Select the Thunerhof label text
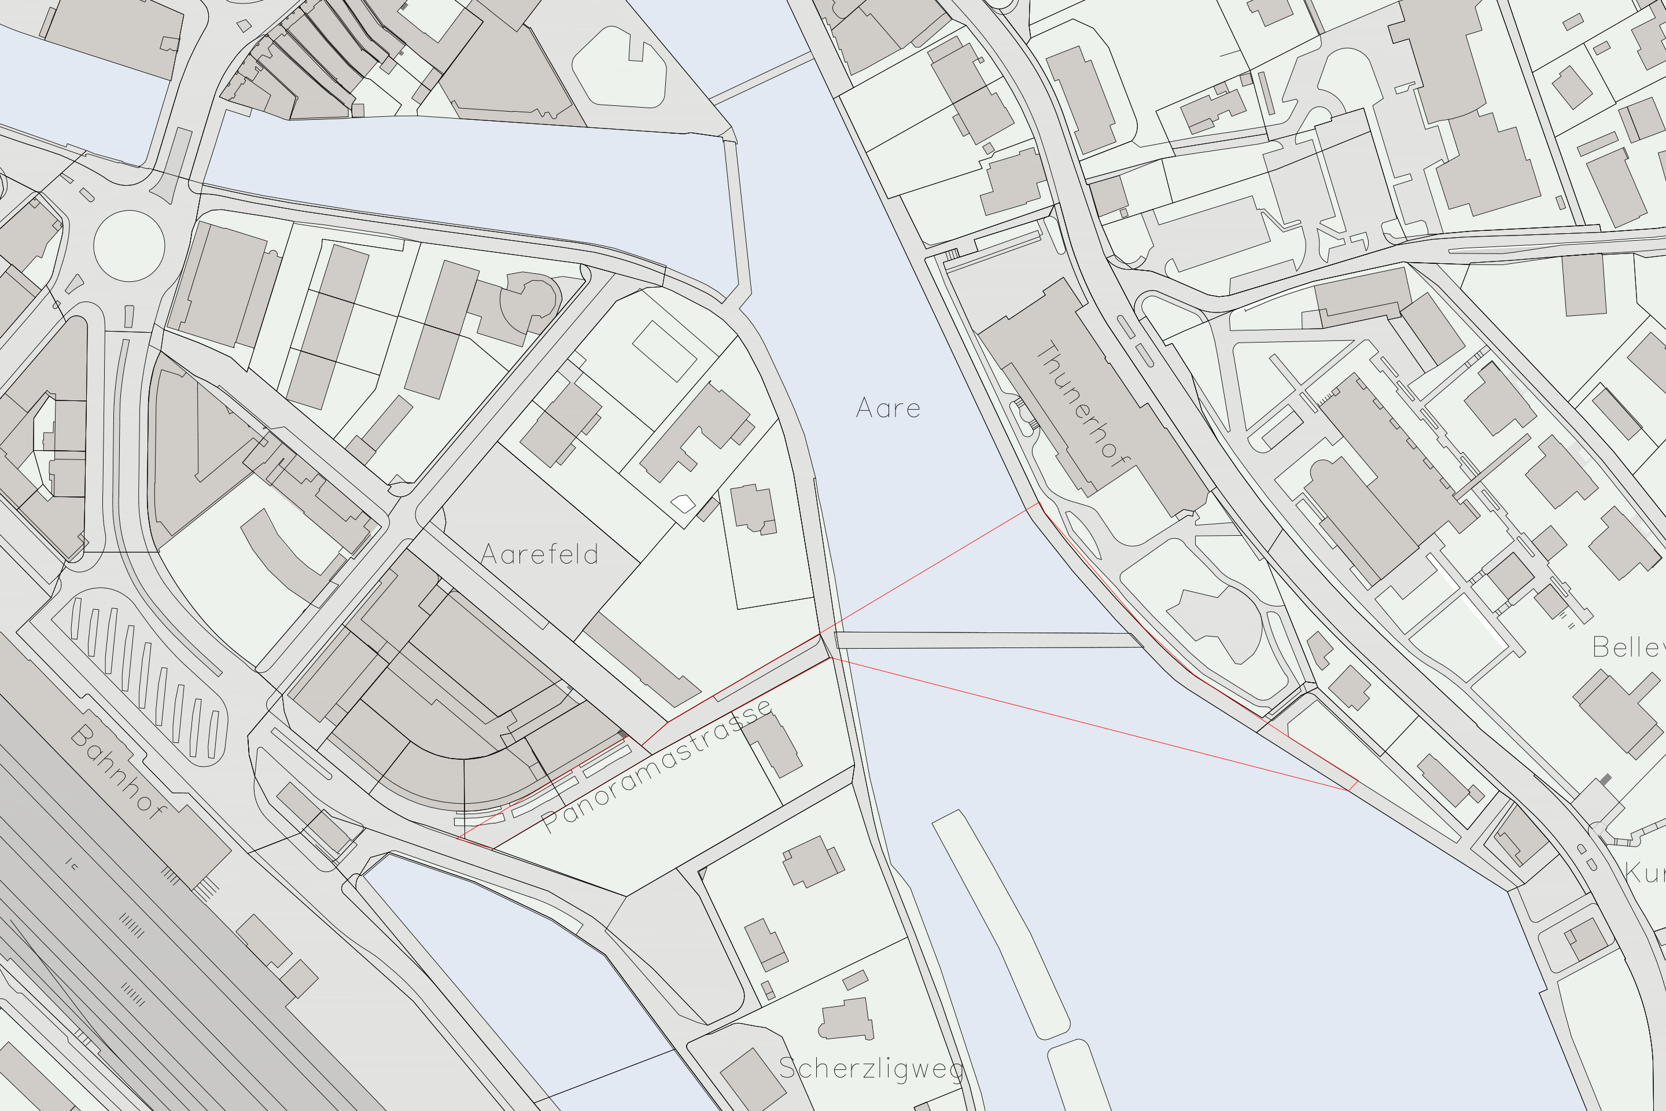click(1082, 404)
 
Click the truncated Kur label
click(1645, 872)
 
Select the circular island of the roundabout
click(129, 245)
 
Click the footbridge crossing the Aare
click(988, 641)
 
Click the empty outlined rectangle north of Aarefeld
click(664, 351)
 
